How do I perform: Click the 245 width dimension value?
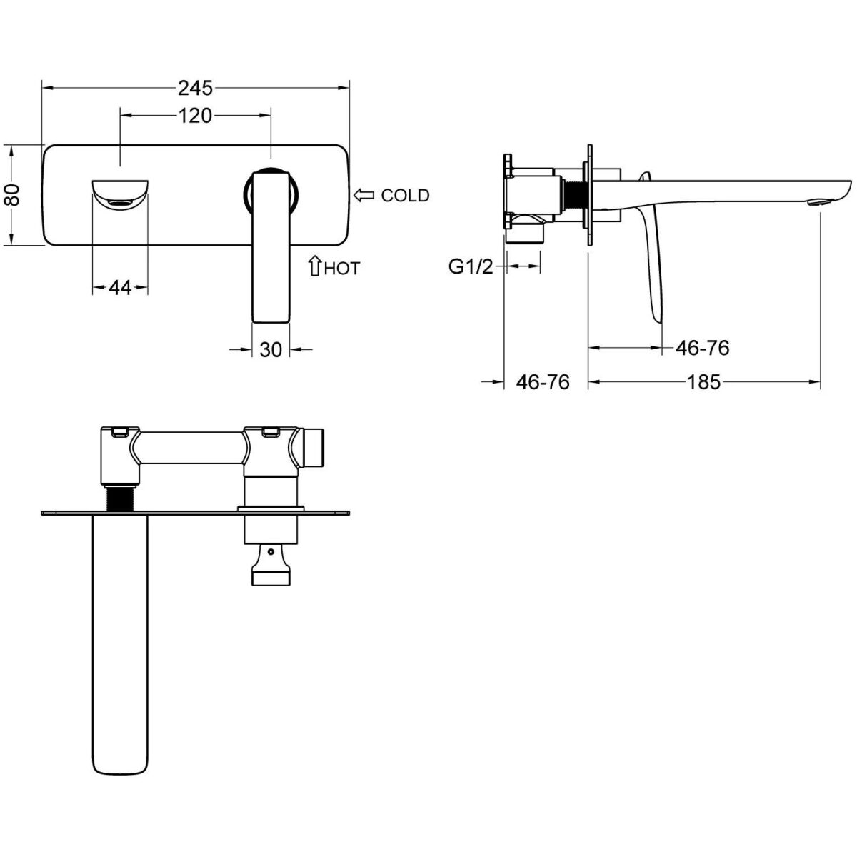195,88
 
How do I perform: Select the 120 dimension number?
195,116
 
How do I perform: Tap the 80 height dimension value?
12,194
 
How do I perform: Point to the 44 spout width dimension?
120,288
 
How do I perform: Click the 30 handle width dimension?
271,349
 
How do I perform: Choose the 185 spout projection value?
703,381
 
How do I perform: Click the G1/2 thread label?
471,267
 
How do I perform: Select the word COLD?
405,195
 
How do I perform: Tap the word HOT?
341,269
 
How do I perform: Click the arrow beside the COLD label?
364,195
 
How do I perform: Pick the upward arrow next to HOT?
314,266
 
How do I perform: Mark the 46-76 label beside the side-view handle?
703,347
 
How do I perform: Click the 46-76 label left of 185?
543,381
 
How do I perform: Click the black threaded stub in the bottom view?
120,498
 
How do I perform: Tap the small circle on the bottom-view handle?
271,553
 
